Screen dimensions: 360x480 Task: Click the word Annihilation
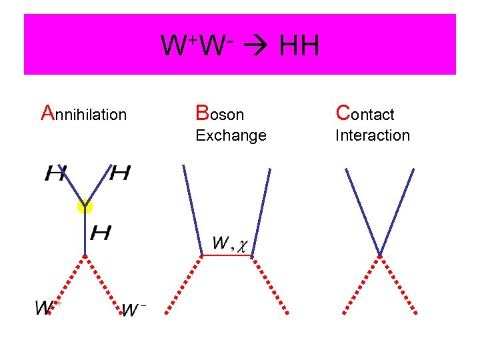click(84, 114)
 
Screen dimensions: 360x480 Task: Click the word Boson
click(219, 114)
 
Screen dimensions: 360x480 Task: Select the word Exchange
click(231, 135)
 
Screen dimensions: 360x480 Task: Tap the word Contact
click(365, 114)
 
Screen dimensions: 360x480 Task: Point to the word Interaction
click(372, 135)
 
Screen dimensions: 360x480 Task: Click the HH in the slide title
click(299, 47)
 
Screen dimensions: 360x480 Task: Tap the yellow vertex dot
click(85, 207)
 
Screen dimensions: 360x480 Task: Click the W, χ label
click(230, 243)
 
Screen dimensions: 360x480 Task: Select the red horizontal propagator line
click(228, 255)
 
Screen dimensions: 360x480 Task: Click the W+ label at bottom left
click(48, 307)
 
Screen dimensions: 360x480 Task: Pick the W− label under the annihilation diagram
click(134, 309)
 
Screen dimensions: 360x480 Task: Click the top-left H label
click(55, 175)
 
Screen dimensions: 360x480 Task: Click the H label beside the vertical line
click(101, 233)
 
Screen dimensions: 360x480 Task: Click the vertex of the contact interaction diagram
click(380, 255)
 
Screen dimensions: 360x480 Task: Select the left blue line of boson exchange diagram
click(193, 210)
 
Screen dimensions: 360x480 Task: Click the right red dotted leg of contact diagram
click(399, 284)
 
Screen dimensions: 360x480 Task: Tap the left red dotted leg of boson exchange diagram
click(184, 283)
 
